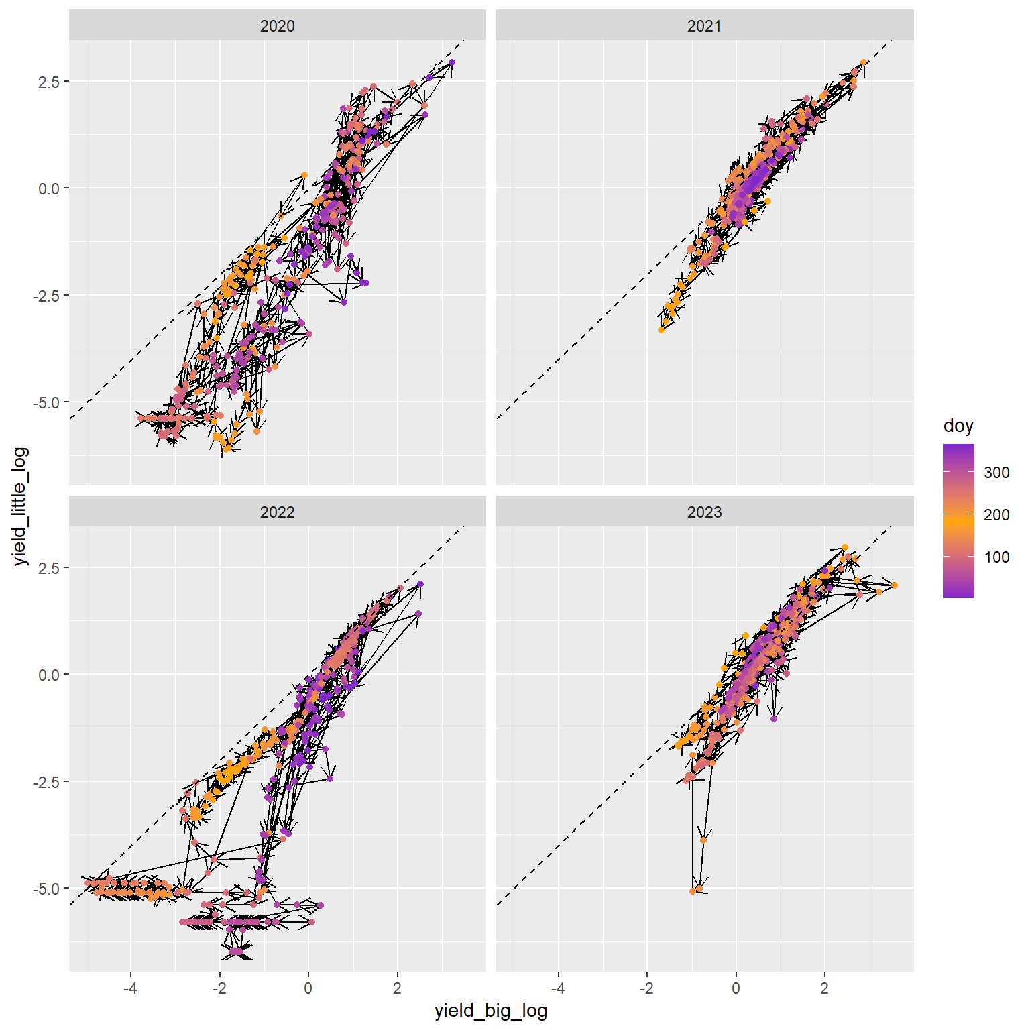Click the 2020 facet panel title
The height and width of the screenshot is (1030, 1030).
click(x=277, y=26)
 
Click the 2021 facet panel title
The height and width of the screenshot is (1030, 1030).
click(x=704, y=26)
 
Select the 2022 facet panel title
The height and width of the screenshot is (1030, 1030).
click(x=277, y=512)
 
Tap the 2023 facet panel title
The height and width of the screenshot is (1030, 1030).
click(x=704, y=512)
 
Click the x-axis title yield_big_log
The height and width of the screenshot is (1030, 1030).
click(x=491, y=1011)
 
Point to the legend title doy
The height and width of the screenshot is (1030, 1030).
click(x=958, y=426)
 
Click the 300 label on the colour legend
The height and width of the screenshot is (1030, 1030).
click(x=996, y=472)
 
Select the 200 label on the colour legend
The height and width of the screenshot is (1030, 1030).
click(x=996, y=514)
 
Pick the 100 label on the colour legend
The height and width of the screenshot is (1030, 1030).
click(x=996, y=557)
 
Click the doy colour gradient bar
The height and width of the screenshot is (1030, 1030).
click(x=958, y=520)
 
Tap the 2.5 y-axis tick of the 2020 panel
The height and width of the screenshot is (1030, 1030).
click(x=49, y=81)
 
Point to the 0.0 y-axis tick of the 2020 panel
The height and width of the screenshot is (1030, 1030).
click(x=49, y=188)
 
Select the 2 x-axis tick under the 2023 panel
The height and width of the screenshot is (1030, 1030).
click(x=825, y=988)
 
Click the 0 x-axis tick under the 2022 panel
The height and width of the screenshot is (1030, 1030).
click(x=308, y=988)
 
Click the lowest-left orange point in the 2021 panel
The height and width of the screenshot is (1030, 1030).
click(x=661, y=330)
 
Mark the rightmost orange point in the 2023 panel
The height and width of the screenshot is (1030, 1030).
click(x=895, y=585)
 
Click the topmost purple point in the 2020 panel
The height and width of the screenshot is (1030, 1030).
click(x=452, y=62)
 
